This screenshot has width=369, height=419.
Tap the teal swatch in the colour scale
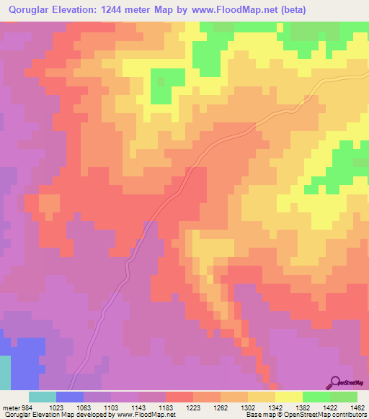click(x=42, y=397)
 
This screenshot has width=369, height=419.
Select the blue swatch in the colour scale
click(x=69, y=397)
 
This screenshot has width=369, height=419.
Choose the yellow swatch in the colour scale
click(x=288, y=397)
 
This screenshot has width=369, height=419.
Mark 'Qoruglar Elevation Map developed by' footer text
click(x=56, y=414)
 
